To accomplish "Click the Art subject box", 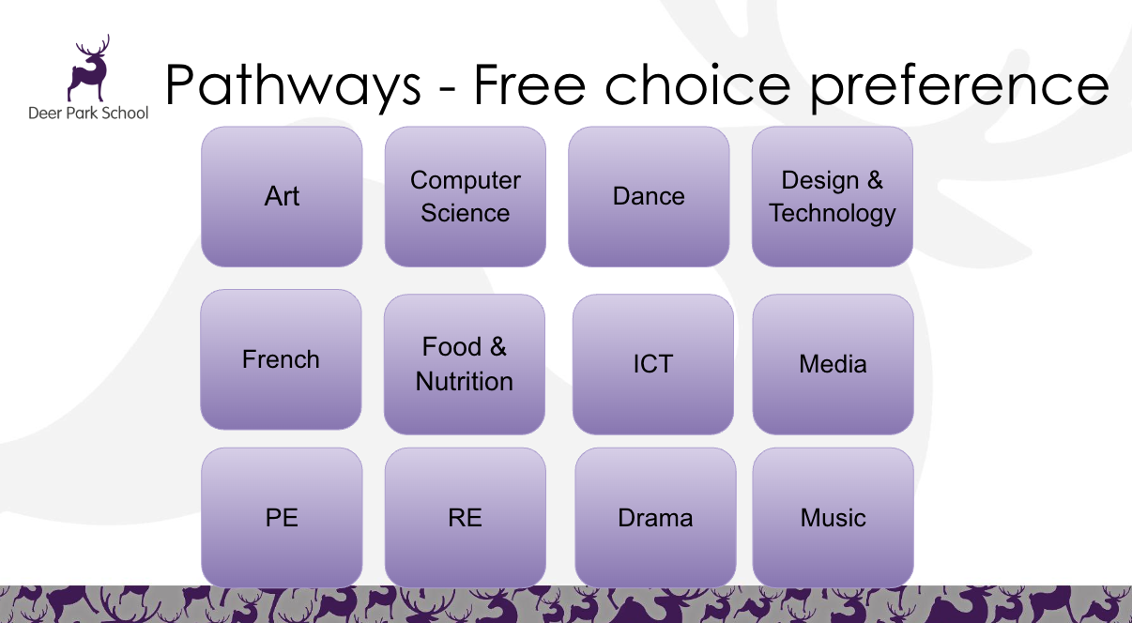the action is [282, 196].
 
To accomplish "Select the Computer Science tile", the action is [465, 196].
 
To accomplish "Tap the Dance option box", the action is [649, 196].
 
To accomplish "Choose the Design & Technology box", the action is [832, 196].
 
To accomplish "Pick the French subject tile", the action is [281, 359].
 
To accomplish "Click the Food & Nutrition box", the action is [464, 364].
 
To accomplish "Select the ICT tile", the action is [653, 364].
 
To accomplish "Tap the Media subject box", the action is [833, 364].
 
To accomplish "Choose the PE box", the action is [282, 517].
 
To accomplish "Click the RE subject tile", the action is [465, 517].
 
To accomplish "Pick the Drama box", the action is [655, 517].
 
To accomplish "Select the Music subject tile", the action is [833, 517].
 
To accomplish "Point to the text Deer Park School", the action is [88, 113].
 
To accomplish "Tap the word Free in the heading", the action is [529, 84].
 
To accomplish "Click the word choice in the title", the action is [697, 84].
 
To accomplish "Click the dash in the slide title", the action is [447, 89].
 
